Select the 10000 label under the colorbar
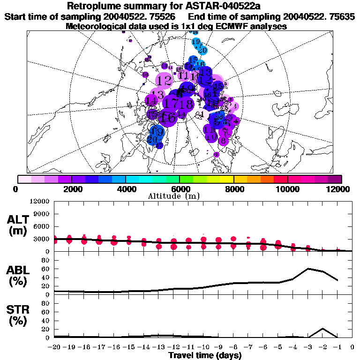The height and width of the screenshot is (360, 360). (287, 189)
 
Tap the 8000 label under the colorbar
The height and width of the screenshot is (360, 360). (233, 189)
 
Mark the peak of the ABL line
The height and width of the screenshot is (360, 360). (308, 269)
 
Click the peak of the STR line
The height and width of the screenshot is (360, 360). (323, 329)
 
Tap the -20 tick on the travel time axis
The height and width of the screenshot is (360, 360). (55, 347)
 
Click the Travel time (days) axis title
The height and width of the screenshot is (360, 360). (205, 355)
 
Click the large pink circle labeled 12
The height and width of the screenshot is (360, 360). (164, 81)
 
